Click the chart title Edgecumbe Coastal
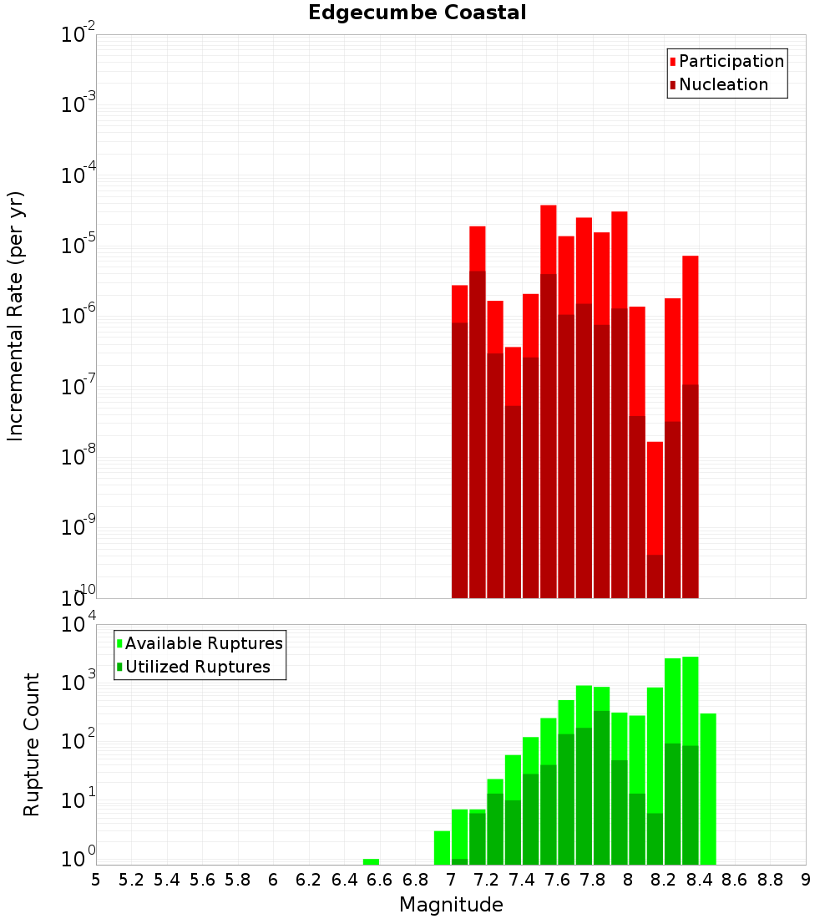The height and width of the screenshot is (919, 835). pos(417,13)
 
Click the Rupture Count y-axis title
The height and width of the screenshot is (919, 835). pos(32,744)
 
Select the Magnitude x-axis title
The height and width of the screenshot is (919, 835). pos(451,904)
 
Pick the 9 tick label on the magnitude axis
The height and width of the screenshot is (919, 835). pos(806,880)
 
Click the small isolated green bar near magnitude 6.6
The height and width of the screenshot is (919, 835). pos(371,861)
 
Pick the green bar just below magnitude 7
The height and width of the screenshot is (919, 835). pos(442,847)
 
